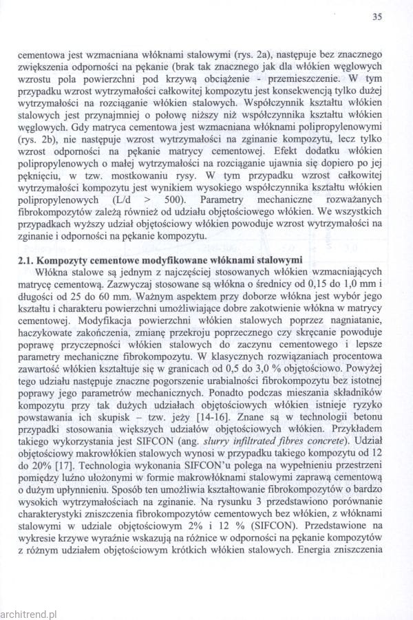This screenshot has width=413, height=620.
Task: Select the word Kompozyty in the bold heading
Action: [x=60, y=259]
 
